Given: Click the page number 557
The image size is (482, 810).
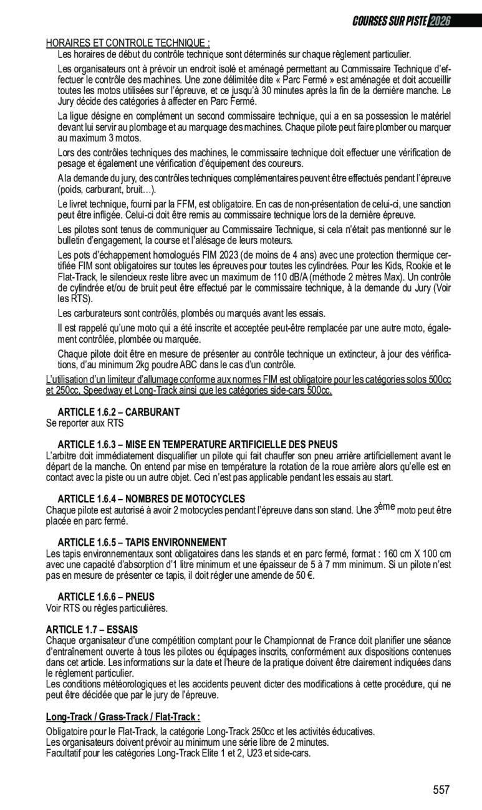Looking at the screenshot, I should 441,790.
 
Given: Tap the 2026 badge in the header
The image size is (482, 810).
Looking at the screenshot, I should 439,20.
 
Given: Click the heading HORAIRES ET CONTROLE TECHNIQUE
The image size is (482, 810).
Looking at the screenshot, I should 128,43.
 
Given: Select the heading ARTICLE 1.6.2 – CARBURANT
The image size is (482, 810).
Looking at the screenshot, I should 118,412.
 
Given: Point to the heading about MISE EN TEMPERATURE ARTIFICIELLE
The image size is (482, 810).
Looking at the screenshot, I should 198,444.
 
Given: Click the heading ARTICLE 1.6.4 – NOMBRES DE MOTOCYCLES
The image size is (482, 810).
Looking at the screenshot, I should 152,498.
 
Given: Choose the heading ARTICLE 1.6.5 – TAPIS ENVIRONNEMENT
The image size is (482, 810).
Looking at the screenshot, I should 142,542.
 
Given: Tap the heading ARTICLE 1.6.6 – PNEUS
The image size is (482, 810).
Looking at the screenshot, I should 106,596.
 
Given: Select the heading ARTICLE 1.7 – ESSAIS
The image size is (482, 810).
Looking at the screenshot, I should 92,629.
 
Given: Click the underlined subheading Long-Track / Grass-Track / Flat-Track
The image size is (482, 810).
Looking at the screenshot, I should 123,717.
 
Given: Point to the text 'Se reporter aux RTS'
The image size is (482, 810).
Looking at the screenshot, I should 85,423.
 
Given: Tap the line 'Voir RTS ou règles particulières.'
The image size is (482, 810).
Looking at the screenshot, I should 107,607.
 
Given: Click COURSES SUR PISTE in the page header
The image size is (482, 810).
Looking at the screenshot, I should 390,20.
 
